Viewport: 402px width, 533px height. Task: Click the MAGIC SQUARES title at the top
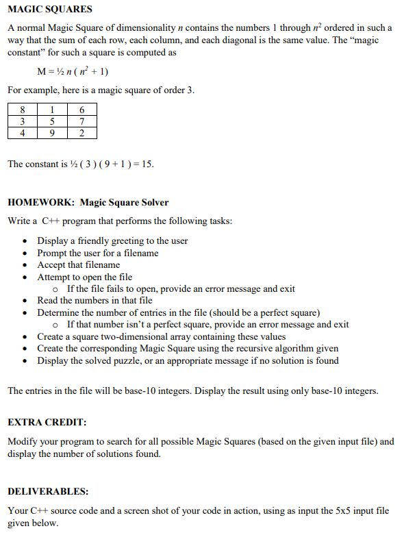(49, 10)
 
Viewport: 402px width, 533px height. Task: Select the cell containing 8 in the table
(23, 110)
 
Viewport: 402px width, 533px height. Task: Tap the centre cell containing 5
(52, 121)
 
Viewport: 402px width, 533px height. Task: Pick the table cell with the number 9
(52, 133)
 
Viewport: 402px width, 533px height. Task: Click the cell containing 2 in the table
(82, 133)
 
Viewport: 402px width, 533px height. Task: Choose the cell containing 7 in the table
(82, 121)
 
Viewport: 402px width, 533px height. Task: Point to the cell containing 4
(23, 133)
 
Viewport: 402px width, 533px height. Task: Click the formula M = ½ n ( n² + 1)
(72, 71)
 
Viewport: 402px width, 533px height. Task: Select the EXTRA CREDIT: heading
(44, 423)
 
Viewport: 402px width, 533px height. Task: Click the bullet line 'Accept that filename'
(78, 265)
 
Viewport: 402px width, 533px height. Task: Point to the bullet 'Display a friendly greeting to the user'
(112, 241)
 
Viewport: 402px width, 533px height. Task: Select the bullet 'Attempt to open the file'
(84, 277)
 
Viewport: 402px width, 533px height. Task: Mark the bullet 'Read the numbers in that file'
(95, 301)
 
